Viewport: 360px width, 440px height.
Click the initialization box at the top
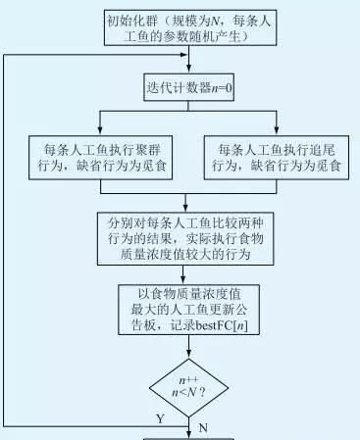coord(181,28)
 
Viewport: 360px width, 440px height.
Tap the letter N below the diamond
coord(203,427)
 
